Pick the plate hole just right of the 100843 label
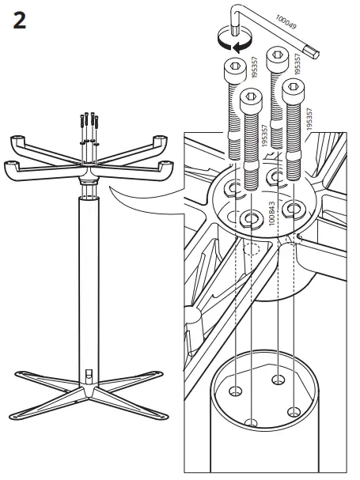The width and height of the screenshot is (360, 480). coord(294,209)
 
